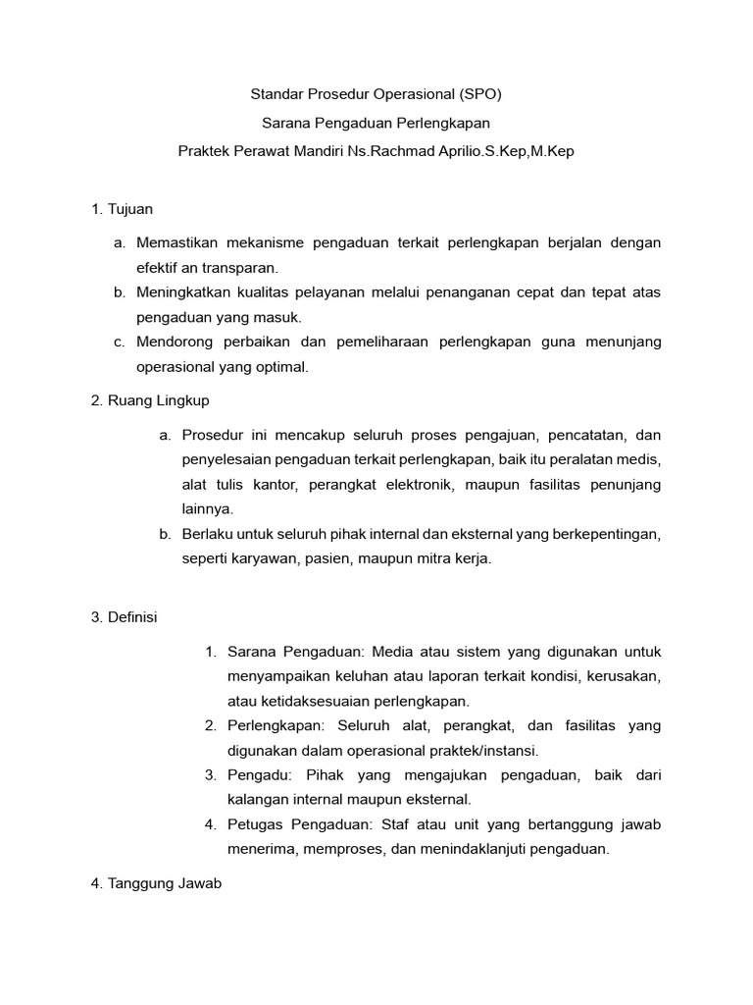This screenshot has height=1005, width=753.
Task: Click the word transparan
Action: tap(243, 267)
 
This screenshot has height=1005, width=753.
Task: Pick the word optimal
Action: tap(283, 367)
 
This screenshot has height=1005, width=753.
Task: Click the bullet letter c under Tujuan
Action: tap(119, 342)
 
